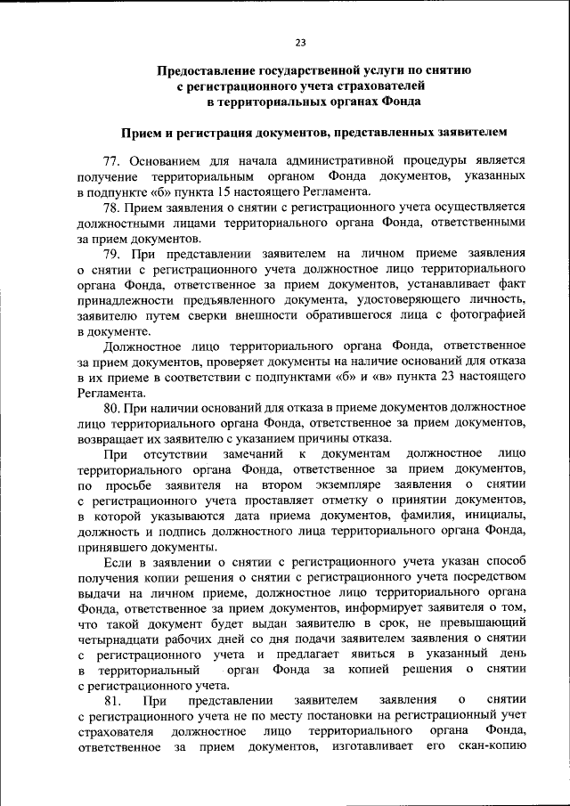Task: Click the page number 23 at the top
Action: [300, 42]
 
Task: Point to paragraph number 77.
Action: [112, 161]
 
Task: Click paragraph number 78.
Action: [112, 208]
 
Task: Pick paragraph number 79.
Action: [112, 254]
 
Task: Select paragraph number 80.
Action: [112, 408]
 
